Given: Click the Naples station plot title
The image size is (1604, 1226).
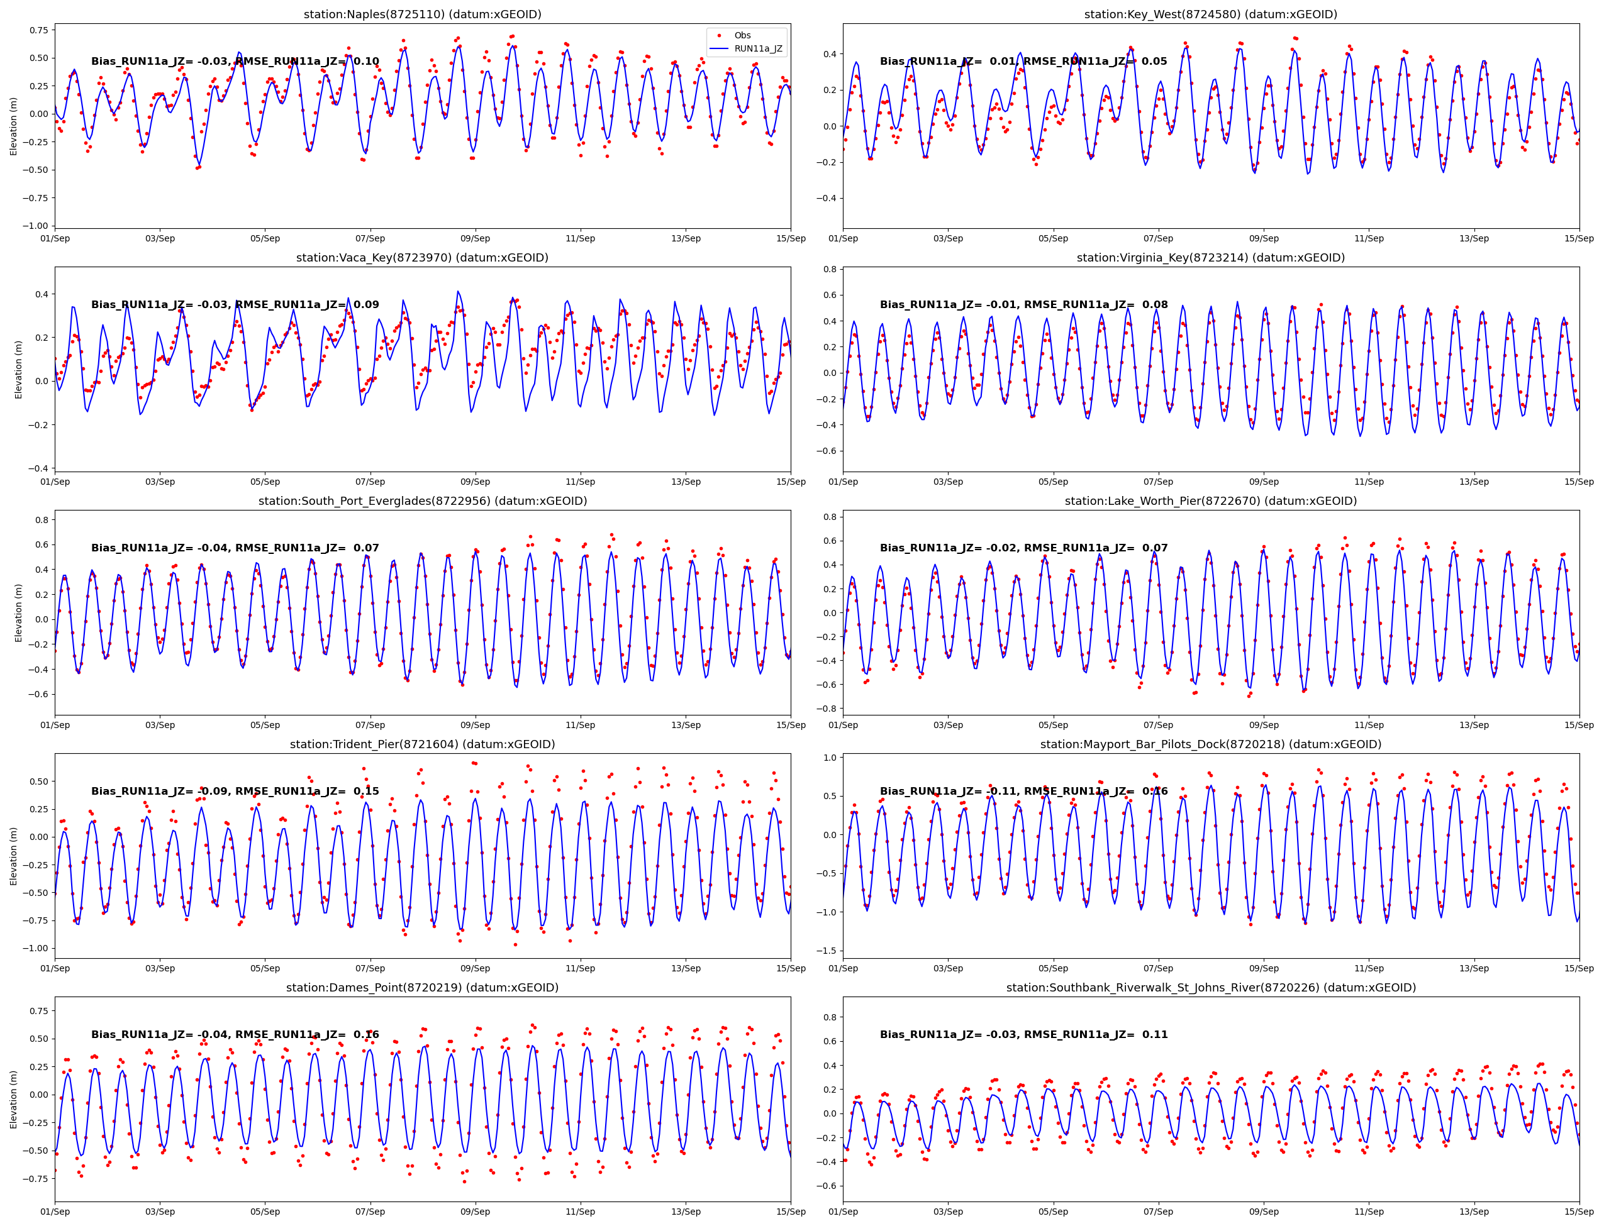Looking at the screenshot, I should pos(422,14).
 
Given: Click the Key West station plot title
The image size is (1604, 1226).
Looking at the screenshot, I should pos(1210,14).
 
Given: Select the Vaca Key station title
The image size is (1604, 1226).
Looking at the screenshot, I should pos(422,258).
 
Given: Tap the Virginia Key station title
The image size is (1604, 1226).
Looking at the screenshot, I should pos(1210,258).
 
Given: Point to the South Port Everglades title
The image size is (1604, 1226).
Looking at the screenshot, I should pos(422,500).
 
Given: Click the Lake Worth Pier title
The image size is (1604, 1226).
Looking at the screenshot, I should pos(1210,500).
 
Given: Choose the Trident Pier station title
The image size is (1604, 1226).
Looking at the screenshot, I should pos(422,744).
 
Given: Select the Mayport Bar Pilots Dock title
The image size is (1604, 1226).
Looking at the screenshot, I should pos(1210,744).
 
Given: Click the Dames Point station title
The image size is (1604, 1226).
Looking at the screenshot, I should pos(422,987).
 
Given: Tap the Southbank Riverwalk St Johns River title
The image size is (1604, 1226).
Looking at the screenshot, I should pos(1210,987).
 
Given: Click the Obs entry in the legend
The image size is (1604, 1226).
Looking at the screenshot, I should pos(742,35).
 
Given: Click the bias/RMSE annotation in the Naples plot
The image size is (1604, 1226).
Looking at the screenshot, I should pos(235,62).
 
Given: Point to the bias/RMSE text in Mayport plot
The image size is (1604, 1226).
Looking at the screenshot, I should pos(1023,791).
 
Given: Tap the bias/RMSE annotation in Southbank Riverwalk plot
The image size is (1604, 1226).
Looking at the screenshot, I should pos(1023,1034).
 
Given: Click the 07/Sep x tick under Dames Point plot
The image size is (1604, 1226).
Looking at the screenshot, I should pos(370,1212).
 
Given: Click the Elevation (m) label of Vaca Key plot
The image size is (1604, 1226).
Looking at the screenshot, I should pos(18,369).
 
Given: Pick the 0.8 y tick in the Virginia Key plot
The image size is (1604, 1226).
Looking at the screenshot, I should pos(830,269).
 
